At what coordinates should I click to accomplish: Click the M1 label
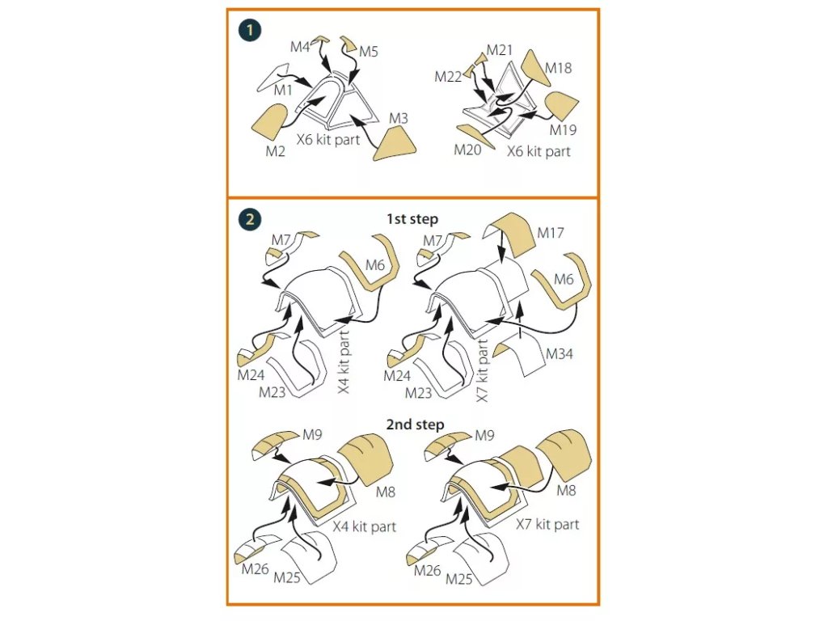[x=283, y=91]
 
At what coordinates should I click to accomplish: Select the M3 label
[x=398, y=119]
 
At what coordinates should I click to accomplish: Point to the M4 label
[x=301, y=48]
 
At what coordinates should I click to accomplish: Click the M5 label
[x=369, y=52]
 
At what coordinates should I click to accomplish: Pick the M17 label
[x=552, y=233]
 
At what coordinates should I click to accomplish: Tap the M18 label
[x=558, y=68]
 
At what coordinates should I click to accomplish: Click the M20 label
[x=467, y=150]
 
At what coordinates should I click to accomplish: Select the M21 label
[x=500, y=50]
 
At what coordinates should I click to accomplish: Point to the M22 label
[x=448, y=77]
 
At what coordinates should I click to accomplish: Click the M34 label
[x=560, y=354]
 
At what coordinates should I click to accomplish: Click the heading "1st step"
[x=412, y=218]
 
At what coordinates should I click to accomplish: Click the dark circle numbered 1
[x=250, y=30]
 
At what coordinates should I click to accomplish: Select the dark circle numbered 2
[x=250, y=219]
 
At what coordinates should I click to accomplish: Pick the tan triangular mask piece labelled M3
[x=392, y=145]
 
